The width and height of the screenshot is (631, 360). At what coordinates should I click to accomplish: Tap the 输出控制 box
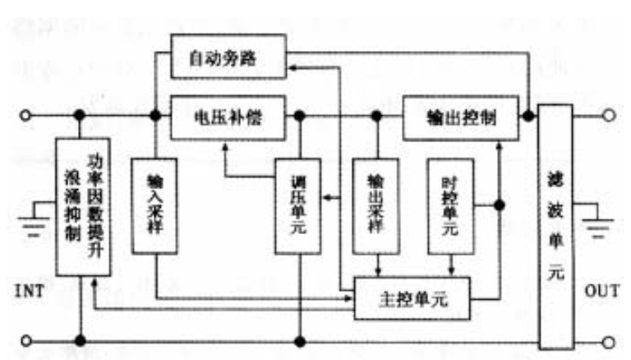point(460,115)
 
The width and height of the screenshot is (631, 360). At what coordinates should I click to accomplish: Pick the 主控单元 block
point(412,298)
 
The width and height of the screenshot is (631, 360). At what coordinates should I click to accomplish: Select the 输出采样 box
point(375,203)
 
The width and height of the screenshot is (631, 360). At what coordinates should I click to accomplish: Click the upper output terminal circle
point(608,116)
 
